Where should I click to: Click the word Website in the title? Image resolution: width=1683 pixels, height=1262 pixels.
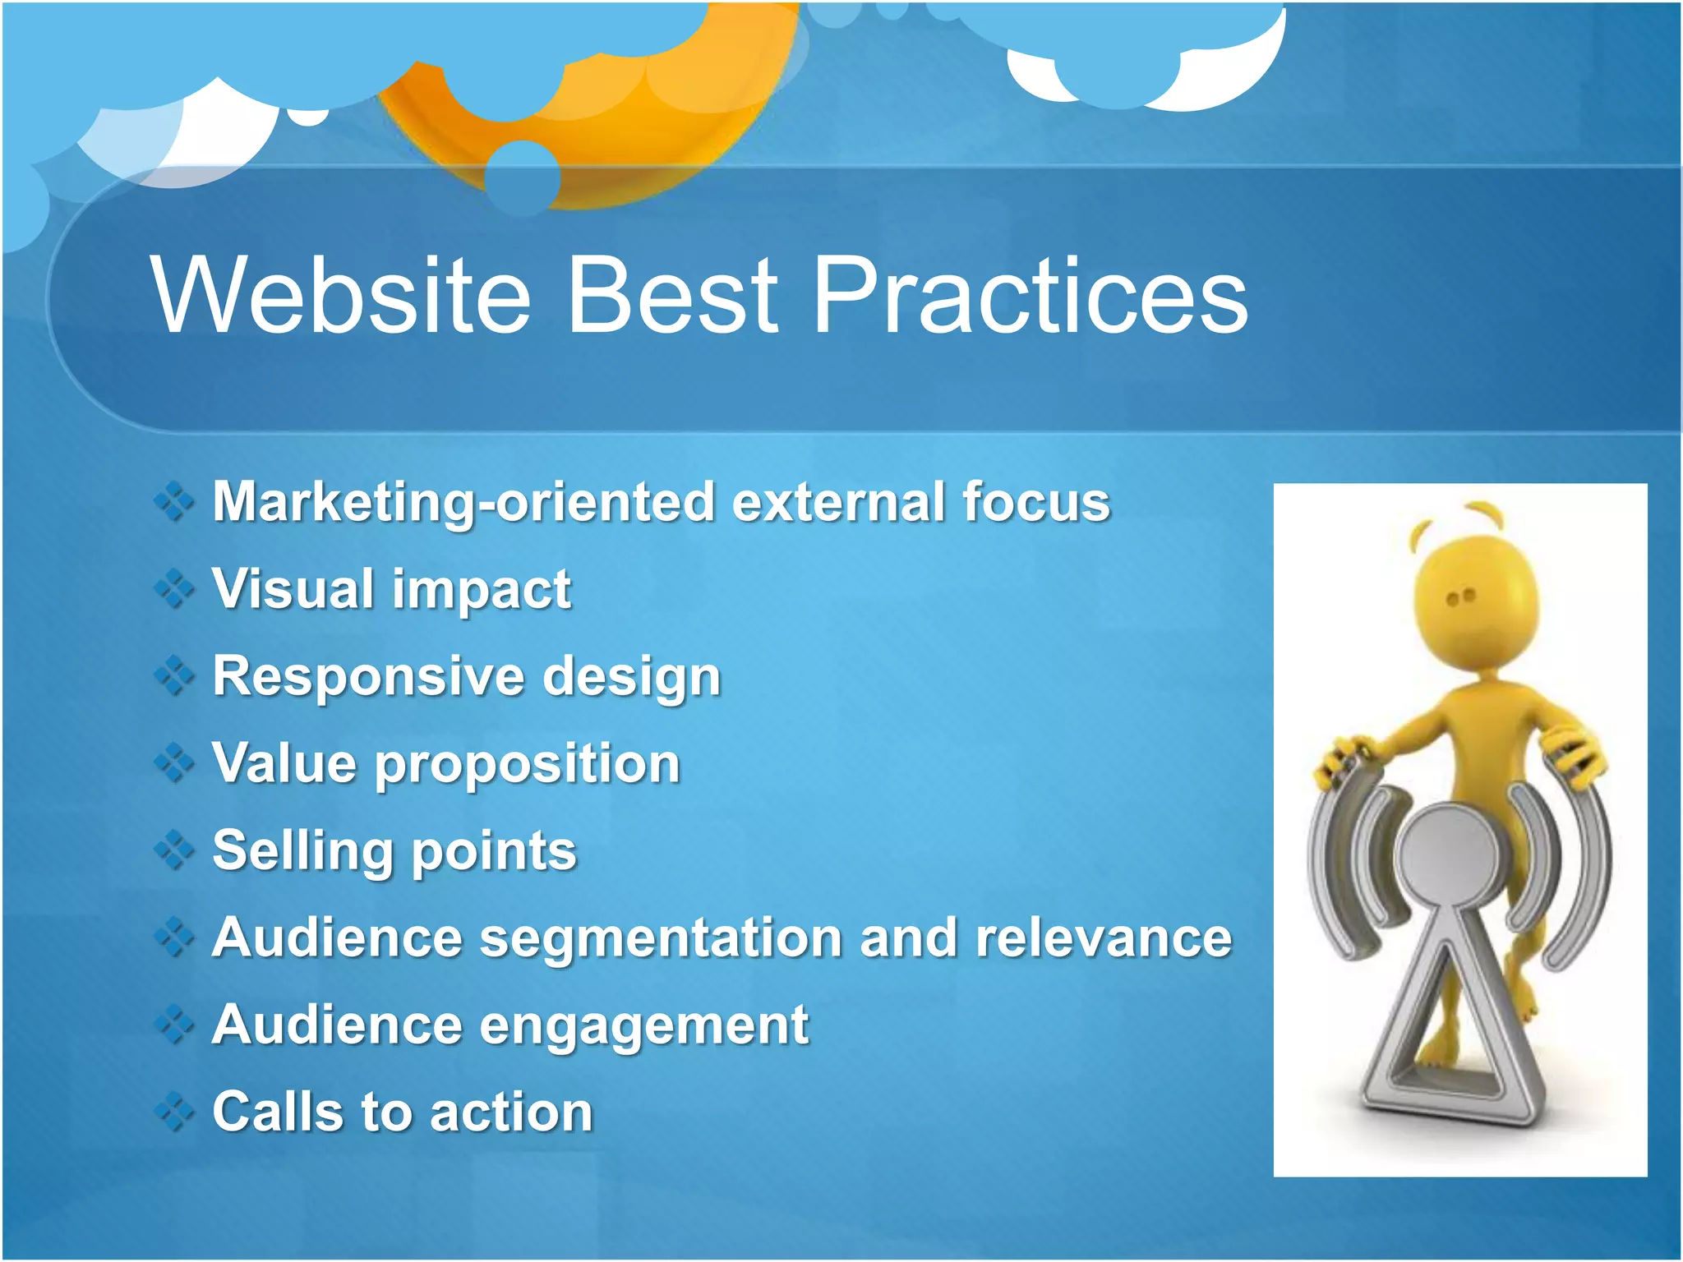pos(341,296)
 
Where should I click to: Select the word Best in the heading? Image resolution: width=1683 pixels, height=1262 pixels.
pos(672,296)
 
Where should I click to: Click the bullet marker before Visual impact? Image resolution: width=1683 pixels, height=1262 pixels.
pos(174,589)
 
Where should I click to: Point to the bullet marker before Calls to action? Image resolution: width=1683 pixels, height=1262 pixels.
pos(174,1112)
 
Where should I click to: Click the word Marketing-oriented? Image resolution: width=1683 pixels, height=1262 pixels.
pos(463,502)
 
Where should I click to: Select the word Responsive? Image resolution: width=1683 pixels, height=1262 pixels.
pos(367,676)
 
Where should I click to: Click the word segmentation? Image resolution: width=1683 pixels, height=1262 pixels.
pos(660,938)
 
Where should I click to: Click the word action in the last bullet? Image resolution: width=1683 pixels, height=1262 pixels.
pos(510,1112)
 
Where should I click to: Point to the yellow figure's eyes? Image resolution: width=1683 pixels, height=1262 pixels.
pos(1460,596)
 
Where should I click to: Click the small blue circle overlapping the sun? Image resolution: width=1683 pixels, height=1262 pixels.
pos(522,177)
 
